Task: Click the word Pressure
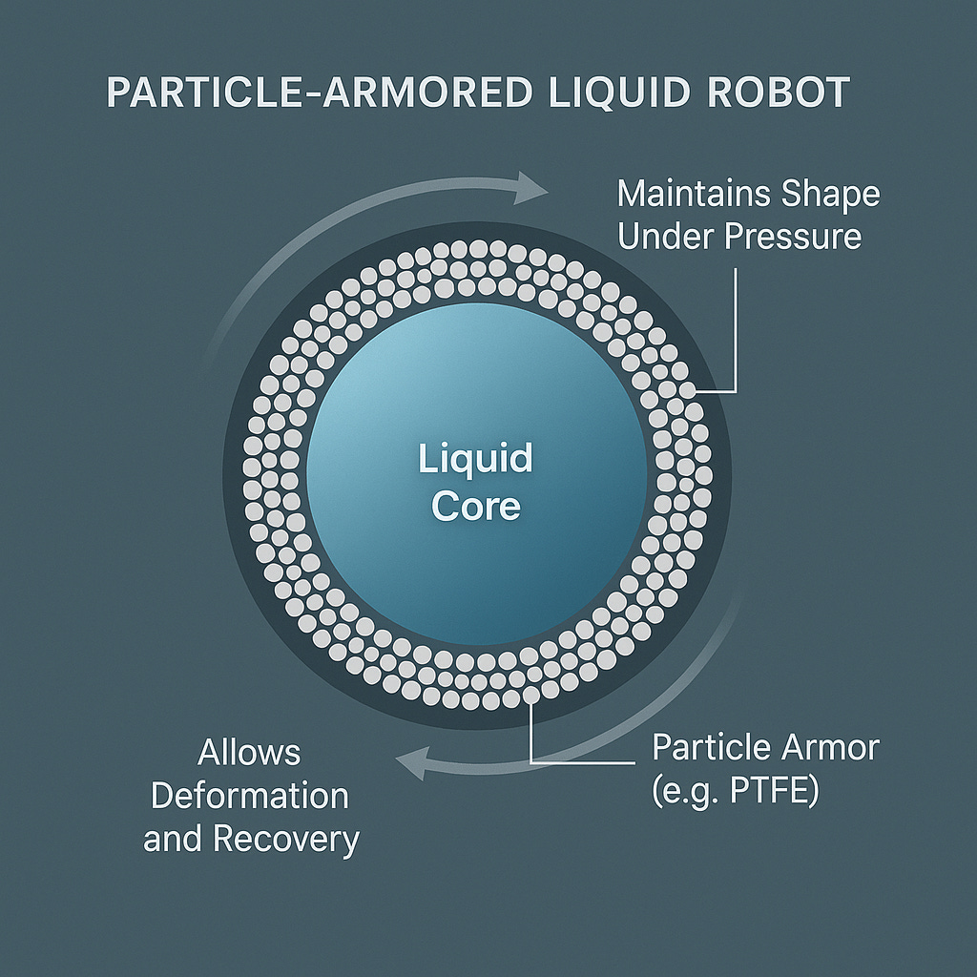coord(792,237)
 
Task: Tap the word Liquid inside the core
coord(475,459)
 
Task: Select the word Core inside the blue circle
coord(475,506)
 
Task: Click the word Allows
coord(249,753)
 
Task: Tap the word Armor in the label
coord(827,747)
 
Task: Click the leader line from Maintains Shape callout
coord(737,334)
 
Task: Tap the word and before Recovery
coord(174,839)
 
